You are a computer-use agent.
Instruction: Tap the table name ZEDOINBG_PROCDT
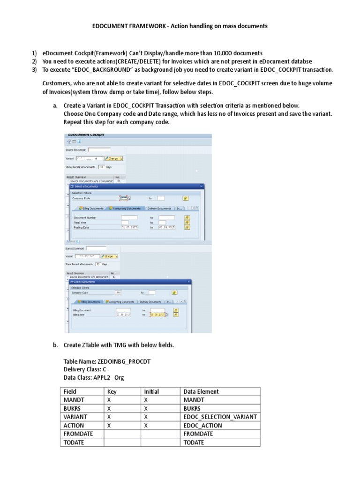(123, 361)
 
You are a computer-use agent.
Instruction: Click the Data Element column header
(201, 391)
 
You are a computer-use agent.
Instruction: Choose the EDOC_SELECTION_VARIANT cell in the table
(220, 417)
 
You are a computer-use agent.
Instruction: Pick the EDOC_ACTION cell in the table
(203, 425)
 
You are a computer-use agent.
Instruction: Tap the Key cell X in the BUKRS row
(109, 408)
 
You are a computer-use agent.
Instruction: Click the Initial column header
(151, 391)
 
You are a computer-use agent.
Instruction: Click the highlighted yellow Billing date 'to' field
(157, 315)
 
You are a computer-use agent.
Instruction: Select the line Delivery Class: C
(85, 369)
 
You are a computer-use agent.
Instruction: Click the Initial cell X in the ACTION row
(146, 425)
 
